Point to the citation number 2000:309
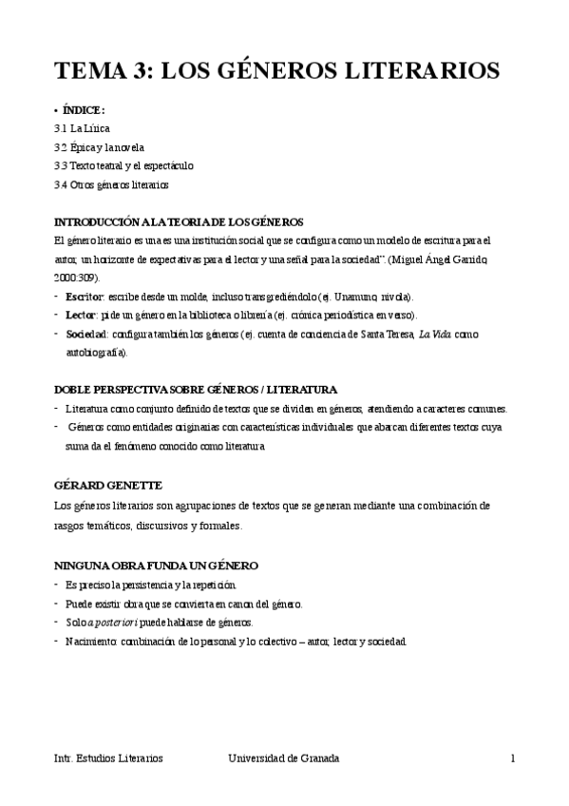click(77, 277)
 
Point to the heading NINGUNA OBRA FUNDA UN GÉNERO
click(157, 566)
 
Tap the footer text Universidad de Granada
click(283, 758)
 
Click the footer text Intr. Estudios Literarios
click(109, 758)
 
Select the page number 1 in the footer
click(512, 758)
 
